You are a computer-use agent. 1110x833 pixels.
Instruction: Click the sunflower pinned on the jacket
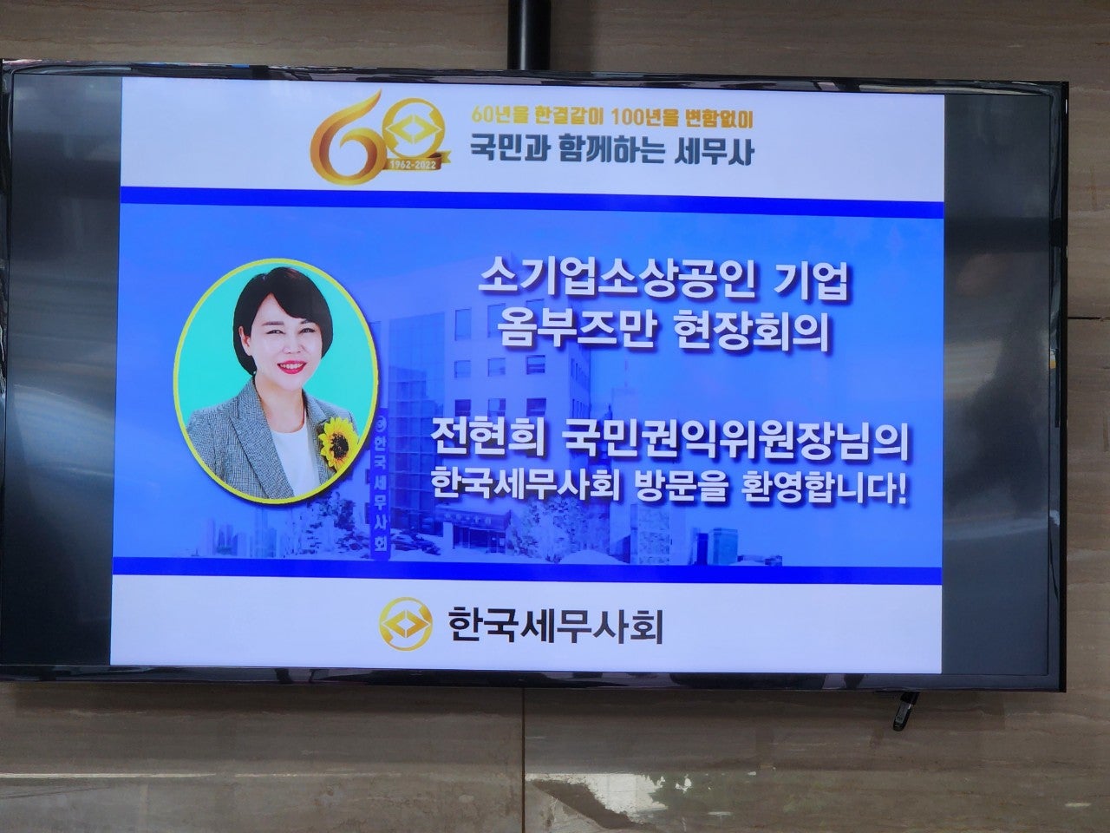335,443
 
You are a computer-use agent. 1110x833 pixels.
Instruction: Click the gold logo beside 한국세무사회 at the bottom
406,624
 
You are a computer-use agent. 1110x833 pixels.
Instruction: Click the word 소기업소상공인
616,285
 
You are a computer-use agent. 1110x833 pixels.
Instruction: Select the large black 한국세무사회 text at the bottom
555,625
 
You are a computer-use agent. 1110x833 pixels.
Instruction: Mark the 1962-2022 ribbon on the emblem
415,164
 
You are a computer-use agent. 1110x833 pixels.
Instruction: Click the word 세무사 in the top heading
714,150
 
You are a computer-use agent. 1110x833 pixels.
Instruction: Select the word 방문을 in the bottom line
671,489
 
